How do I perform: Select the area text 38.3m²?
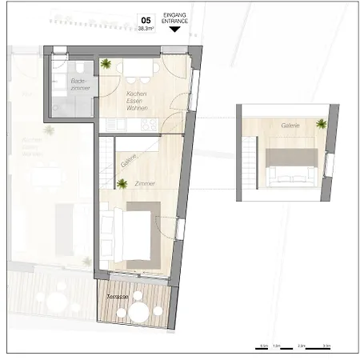146,28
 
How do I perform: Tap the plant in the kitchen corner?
106,64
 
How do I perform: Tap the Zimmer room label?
145,184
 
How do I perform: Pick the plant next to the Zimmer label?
122,185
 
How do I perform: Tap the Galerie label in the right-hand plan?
290,126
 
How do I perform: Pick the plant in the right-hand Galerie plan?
321,123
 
